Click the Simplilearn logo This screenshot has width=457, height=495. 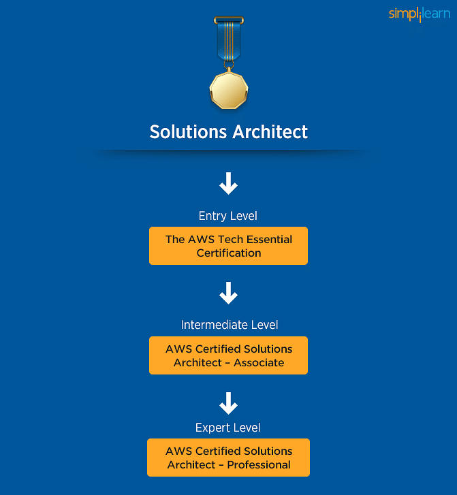point(420,14)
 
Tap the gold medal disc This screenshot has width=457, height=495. point(229,91)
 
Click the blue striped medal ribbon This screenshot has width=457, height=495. point(229,41)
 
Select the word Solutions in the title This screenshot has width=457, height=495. point(188,131)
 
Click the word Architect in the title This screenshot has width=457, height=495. point(270,131)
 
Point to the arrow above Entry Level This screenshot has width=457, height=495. point(228,183)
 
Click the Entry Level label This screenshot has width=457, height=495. point(227,216)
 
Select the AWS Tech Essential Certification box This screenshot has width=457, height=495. point(228,246)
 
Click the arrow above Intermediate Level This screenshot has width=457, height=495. point(228,293)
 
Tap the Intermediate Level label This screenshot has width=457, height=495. point(230,325)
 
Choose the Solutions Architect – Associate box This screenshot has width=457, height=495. point(228,355)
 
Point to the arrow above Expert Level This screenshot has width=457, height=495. point(228,403)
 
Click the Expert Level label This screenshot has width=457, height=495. point(227,428)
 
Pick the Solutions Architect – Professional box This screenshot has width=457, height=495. point(228,458)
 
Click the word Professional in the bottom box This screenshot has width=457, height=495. point(259,464)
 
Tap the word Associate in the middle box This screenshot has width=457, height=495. point(259,363)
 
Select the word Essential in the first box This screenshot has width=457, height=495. point(269,239)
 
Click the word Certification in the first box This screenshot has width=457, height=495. point(229,253)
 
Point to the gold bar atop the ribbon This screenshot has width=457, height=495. point(229,20)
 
